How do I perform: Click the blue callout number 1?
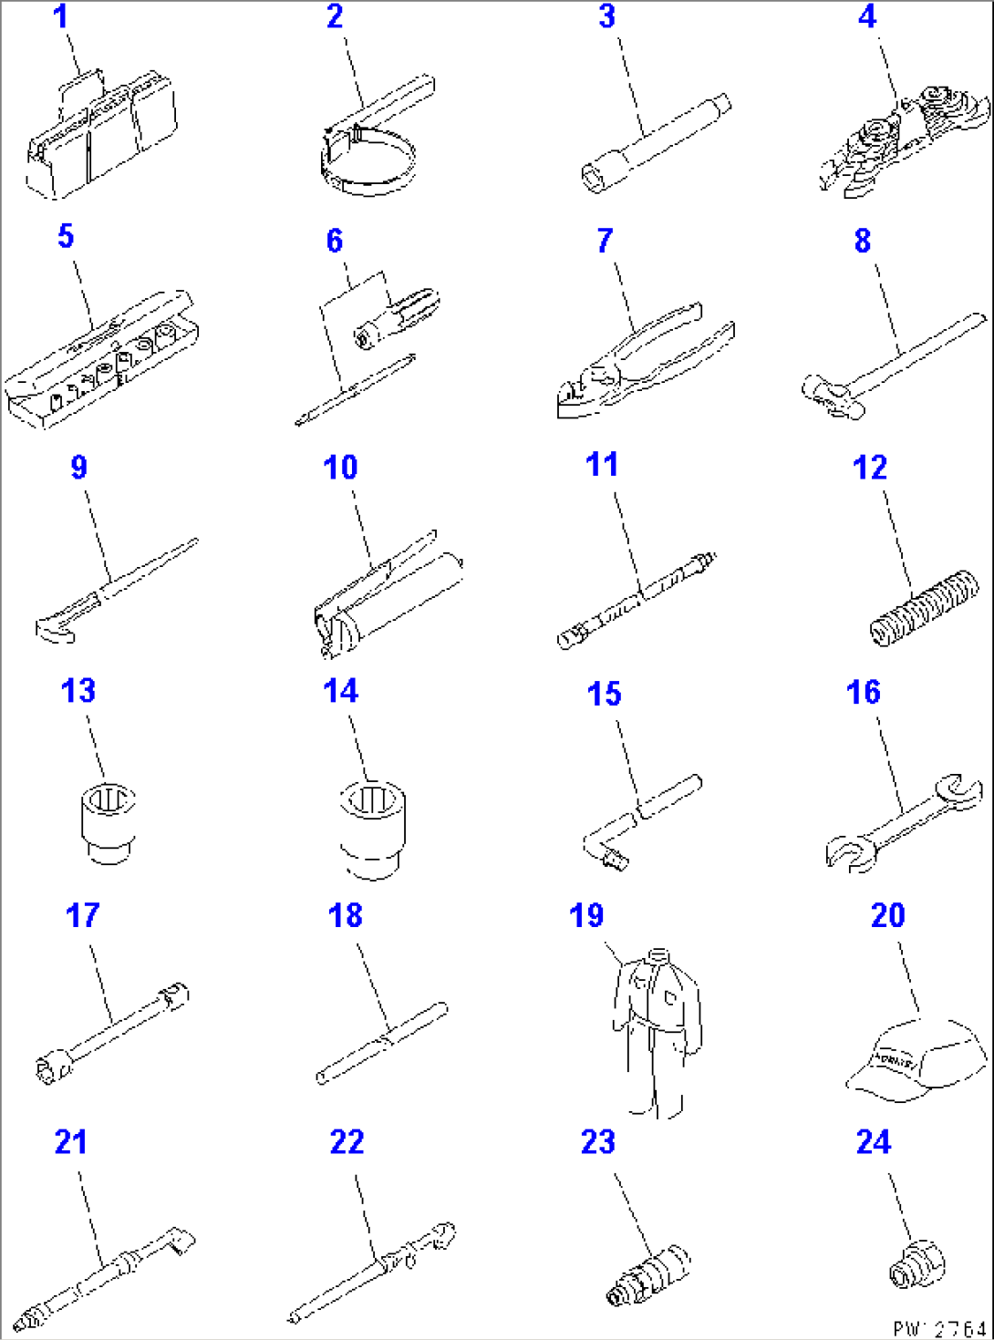click(x=60, y=17)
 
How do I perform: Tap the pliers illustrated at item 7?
click(x=638, y=360)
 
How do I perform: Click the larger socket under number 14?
click(x=372, y=828)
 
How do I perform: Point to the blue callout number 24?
click(x=873, y=1142)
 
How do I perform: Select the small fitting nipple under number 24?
click(x=916, y=1265)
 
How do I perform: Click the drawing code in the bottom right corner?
click(x=939, y=1328)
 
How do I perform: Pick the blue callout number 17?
click(x=82, y=915)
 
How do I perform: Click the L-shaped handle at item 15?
click(x=638, y=816)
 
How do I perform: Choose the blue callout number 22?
click(x=347, y=1142)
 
